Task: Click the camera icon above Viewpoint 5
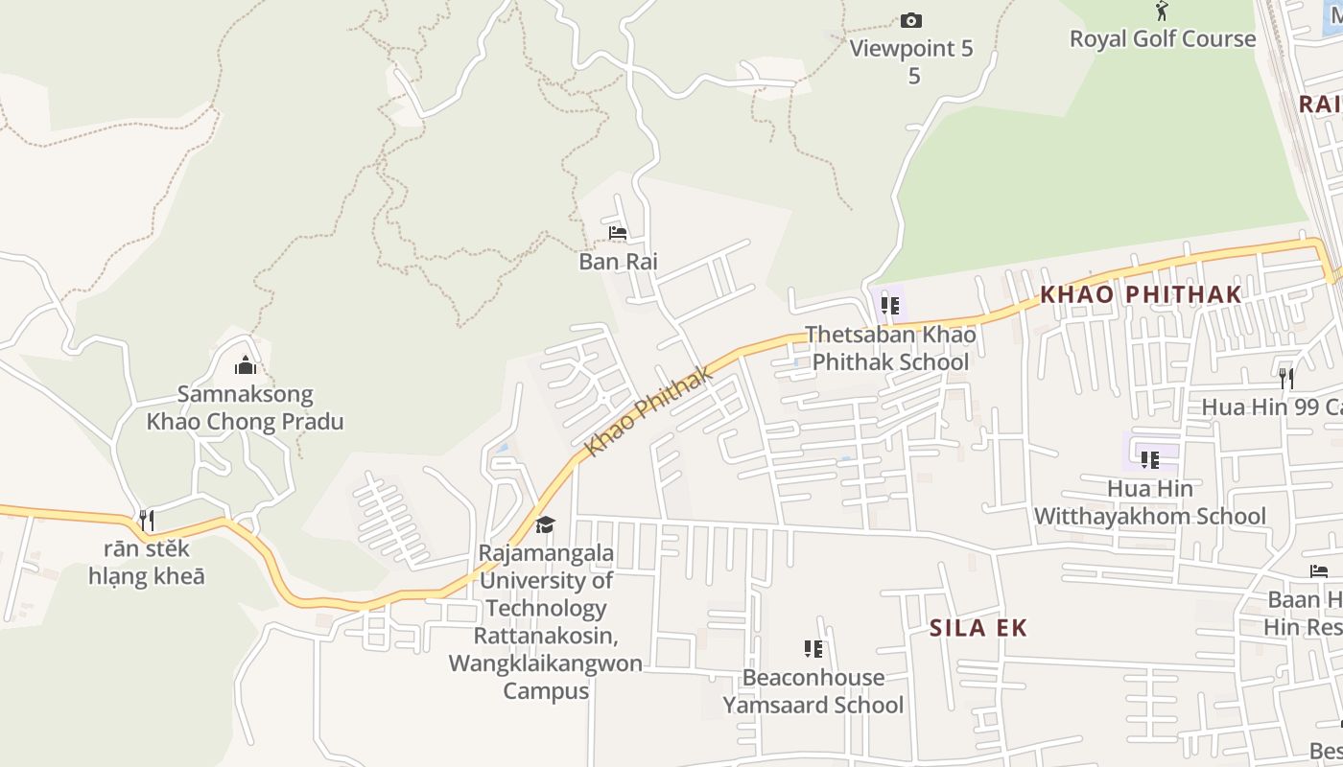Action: point(910,20)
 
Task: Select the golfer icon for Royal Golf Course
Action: point(1162,11)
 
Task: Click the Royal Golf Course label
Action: point(1162,38)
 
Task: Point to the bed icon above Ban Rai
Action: point(618,233)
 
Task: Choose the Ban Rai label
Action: point(618,261)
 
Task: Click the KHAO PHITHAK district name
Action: point(1141,294)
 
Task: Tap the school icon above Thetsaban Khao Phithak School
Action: point(890,306)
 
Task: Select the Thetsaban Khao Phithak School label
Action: point(889,348)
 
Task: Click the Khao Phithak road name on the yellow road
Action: point(649,411)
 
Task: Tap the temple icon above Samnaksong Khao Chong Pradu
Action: point(246,365)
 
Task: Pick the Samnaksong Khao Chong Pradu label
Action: point(245,407)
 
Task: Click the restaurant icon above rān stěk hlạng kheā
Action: point(147,521)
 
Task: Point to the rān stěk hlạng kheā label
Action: point(147,563)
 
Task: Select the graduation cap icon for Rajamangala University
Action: point(545,524)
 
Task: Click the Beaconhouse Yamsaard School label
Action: point(813,691)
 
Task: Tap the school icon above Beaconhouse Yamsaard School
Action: point(813,649)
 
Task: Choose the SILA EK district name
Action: point(978,628)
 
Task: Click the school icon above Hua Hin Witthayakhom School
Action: point(1149,459)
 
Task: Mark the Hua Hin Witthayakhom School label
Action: point(1149,502)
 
